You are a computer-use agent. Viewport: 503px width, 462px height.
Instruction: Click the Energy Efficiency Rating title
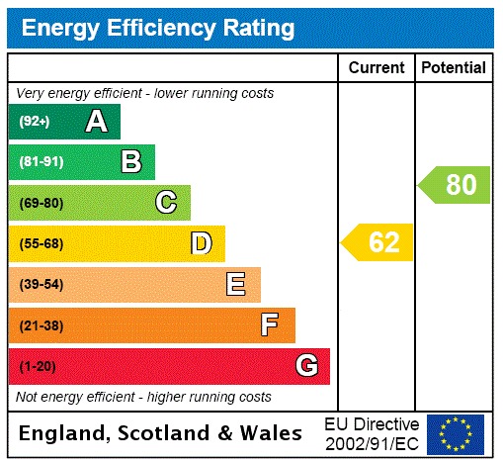pos(157,28)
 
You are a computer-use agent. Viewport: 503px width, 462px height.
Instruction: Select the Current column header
pos(377,68)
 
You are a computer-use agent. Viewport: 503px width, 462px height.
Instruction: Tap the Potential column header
pos(454,68)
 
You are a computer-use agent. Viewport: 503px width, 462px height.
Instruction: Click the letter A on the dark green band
pos(96,122)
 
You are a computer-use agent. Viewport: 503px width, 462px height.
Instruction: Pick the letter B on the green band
pos(130,162)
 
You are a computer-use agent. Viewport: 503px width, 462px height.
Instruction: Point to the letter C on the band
pos(166,203)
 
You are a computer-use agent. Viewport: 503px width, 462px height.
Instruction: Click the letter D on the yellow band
pos(202,243)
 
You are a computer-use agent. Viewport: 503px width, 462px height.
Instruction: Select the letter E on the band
pos(236,285)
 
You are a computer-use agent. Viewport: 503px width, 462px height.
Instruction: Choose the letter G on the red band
pos(307,366)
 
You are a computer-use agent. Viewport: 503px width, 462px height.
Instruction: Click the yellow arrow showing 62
pos(377,242)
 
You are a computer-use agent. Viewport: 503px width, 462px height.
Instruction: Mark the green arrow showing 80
pos(454,185)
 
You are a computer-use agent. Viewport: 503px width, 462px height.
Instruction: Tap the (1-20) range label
pos(37,366)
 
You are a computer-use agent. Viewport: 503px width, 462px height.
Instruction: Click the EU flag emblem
pos(456,433)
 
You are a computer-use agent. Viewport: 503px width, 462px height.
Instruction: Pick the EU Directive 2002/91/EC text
pos(372,433)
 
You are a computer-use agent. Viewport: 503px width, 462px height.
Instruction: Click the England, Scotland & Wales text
pos(161,433)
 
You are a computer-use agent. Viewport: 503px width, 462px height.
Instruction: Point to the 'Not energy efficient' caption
pos(144,397)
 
